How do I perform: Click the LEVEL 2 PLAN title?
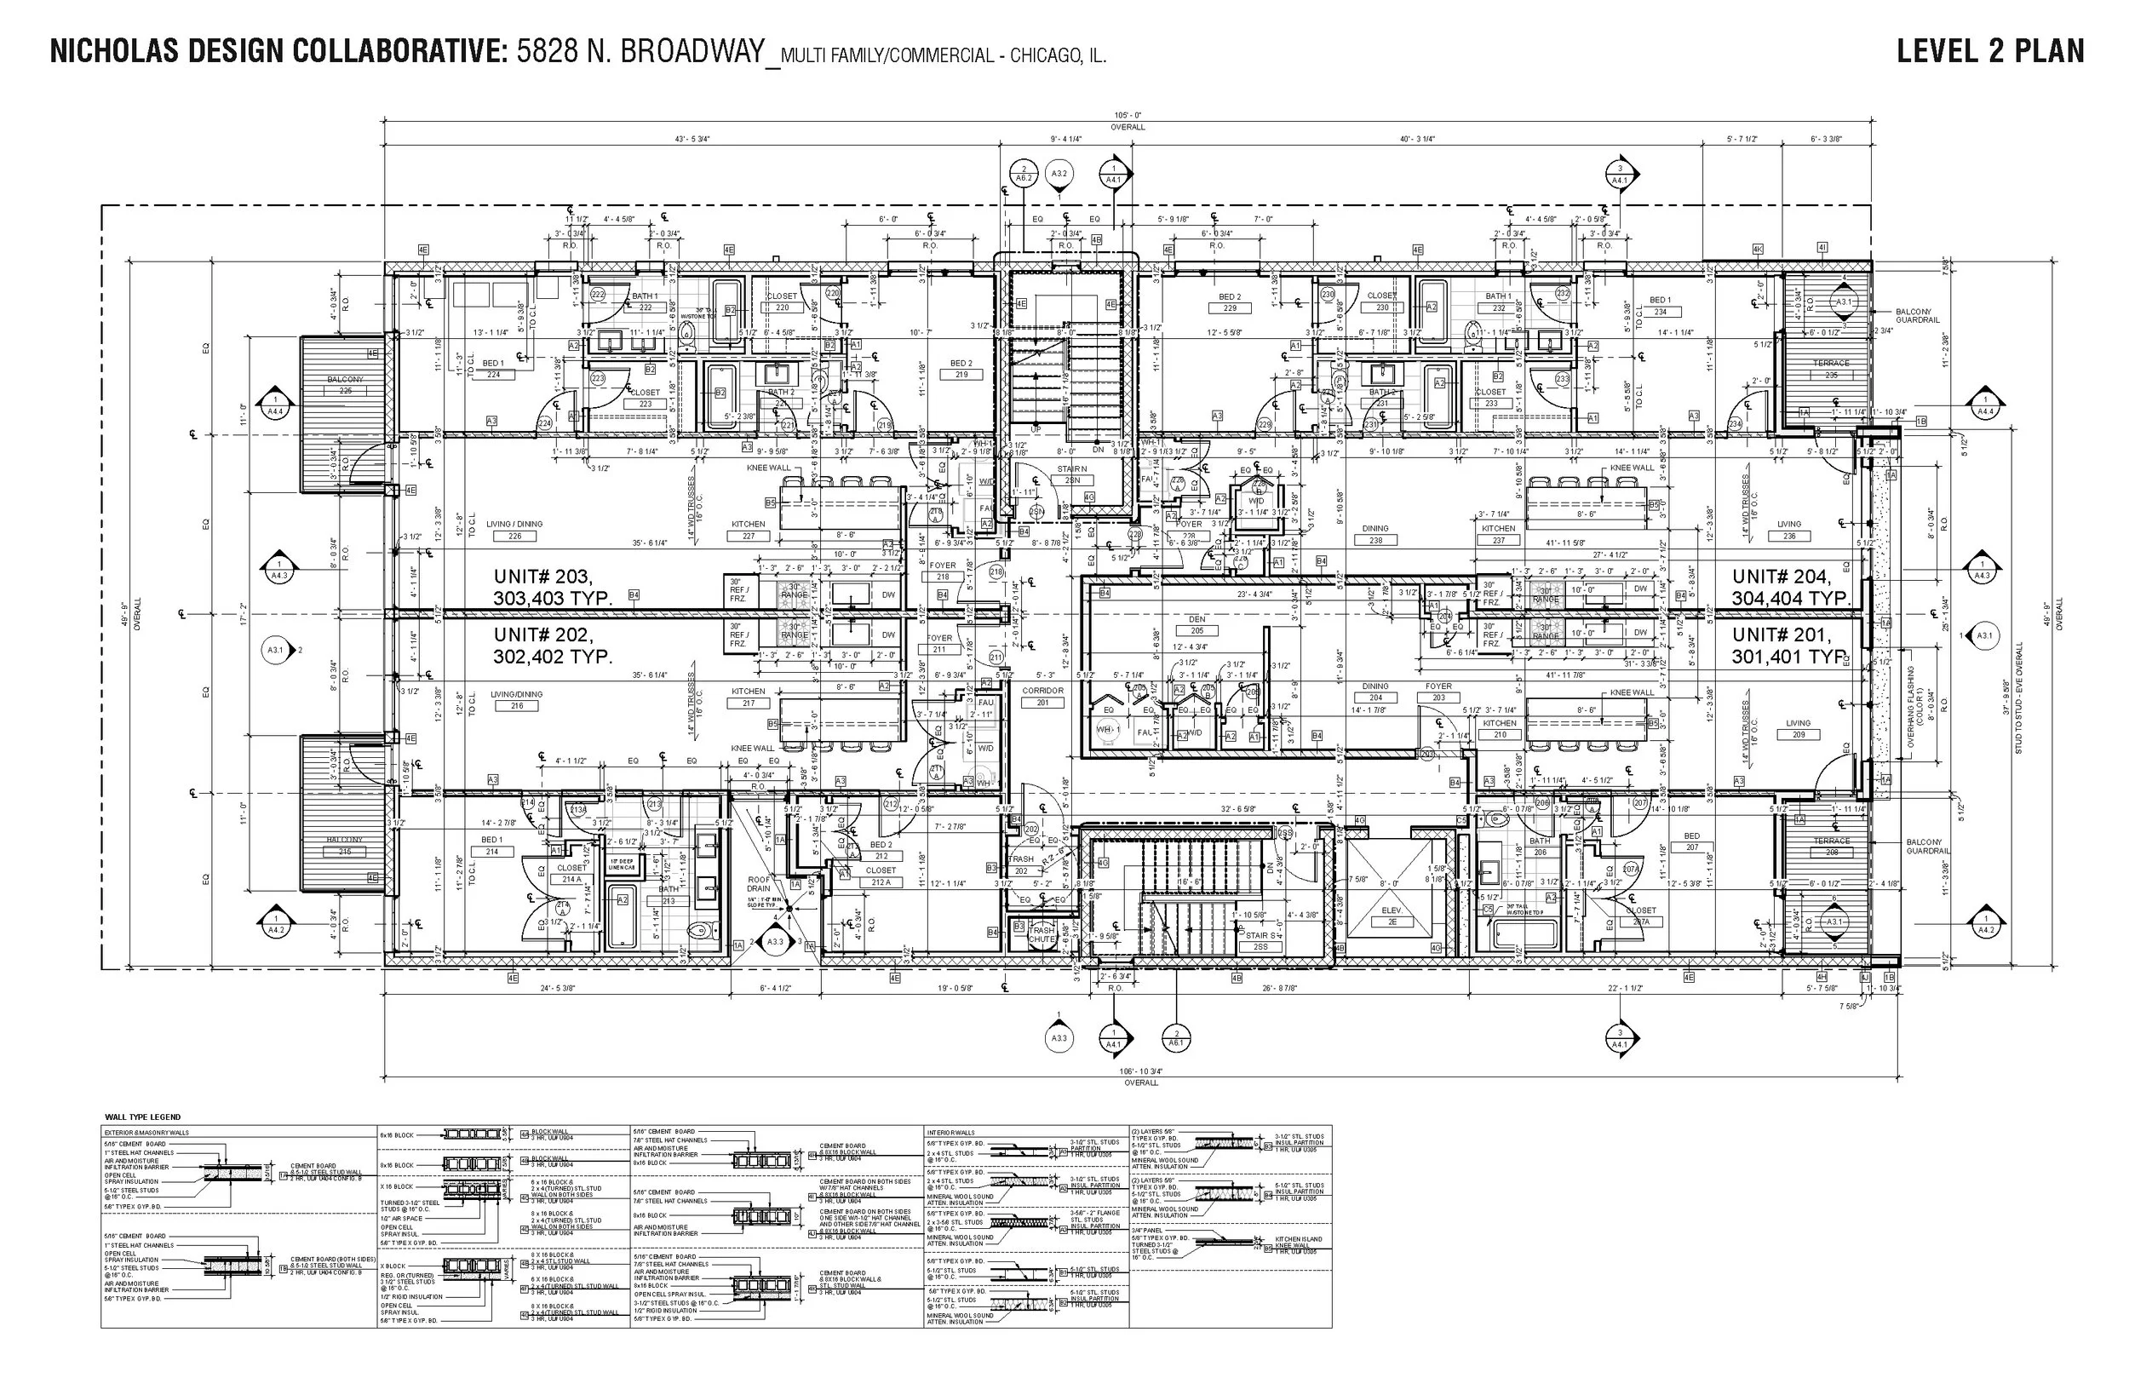click(x=1989, y=51)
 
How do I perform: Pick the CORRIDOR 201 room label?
click(x=1042, y=696)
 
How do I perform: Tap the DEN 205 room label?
click(x=1196, y=624)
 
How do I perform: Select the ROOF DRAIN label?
click(x=759, y=884)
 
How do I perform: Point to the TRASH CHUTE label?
click(x=1042, y=935)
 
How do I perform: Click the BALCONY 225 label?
click(x=345, y=385)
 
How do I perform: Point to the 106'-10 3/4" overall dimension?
click(x=1140, y=1071)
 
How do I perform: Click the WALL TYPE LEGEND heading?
click(x=142, y=1117)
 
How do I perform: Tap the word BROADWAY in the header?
click(x=693, y=51)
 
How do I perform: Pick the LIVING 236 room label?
click(x=1789, y=530)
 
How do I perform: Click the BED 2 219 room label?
click(x=961, y=369)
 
